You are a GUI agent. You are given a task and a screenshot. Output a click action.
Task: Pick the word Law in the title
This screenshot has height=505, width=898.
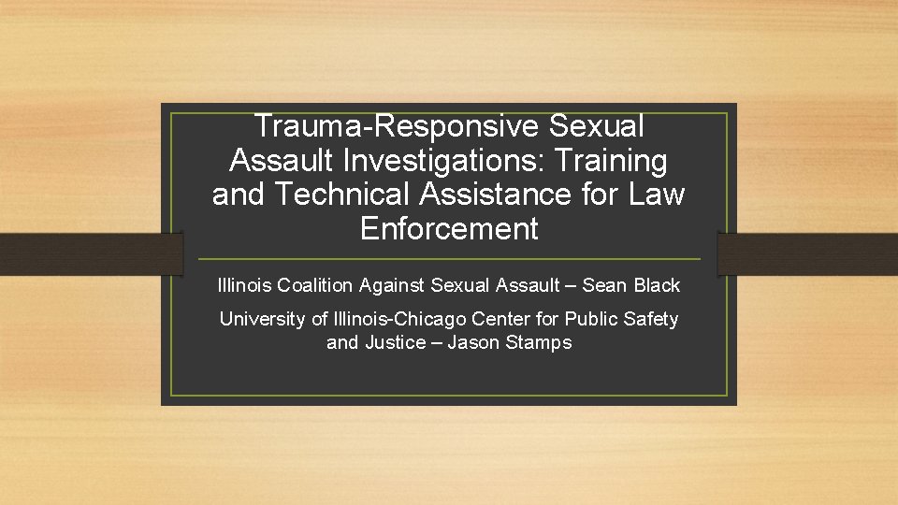coord(657,195)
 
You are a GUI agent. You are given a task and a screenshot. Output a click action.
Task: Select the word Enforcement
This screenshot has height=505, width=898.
coord(449,229)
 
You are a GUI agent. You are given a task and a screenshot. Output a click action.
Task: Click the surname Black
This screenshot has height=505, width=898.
coord(657,285)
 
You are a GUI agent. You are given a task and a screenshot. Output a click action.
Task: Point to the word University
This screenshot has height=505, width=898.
coord(261,319)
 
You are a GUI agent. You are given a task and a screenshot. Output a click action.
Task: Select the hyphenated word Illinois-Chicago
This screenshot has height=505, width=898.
coord(397,319)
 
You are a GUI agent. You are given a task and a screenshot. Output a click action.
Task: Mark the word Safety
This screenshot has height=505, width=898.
coord(650,319)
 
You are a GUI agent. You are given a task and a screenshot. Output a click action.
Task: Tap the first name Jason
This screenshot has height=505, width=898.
coord(473,343)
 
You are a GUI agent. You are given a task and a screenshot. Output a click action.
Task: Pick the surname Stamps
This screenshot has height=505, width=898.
coord(538,343)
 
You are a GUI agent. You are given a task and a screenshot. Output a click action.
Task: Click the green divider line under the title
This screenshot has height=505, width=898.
coord(449,258)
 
